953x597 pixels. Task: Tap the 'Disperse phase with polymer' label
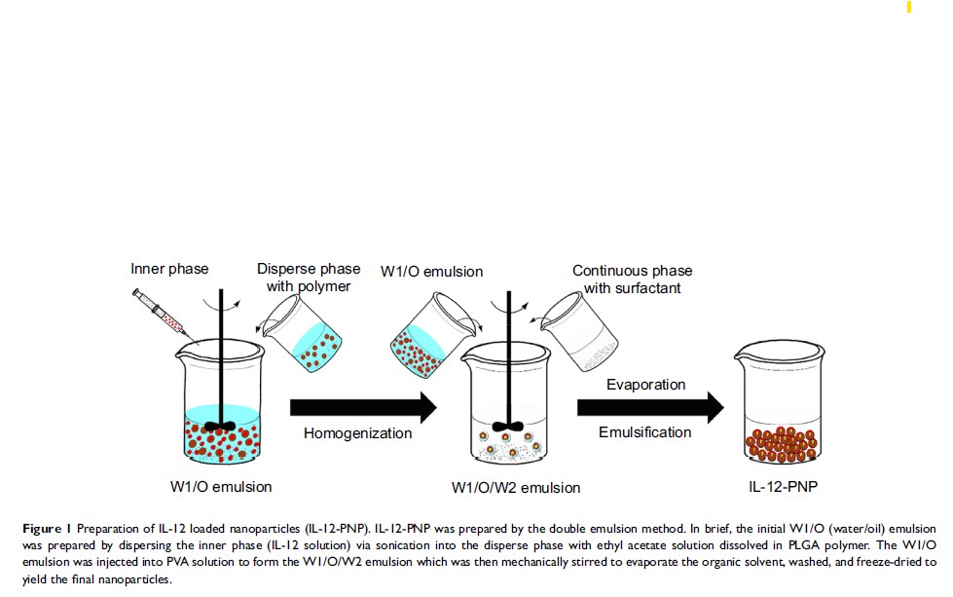pyautogui.click(x=309, y=278)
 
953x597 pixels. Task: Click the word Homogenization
pyautogui.click(x=357, y=433)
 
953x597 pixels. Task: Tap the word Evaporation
pyautogui.click(x=646, y=385)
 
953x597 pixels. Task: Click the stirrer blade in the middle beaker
pyautogui.click(x=504, y=426)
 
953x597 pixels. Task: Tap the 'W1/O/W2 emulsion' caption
pyautogui.click(x=515, y=487)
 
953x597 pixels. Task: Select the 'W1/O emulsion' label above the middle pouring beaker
pyautogui.click(x=431, y=271)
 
